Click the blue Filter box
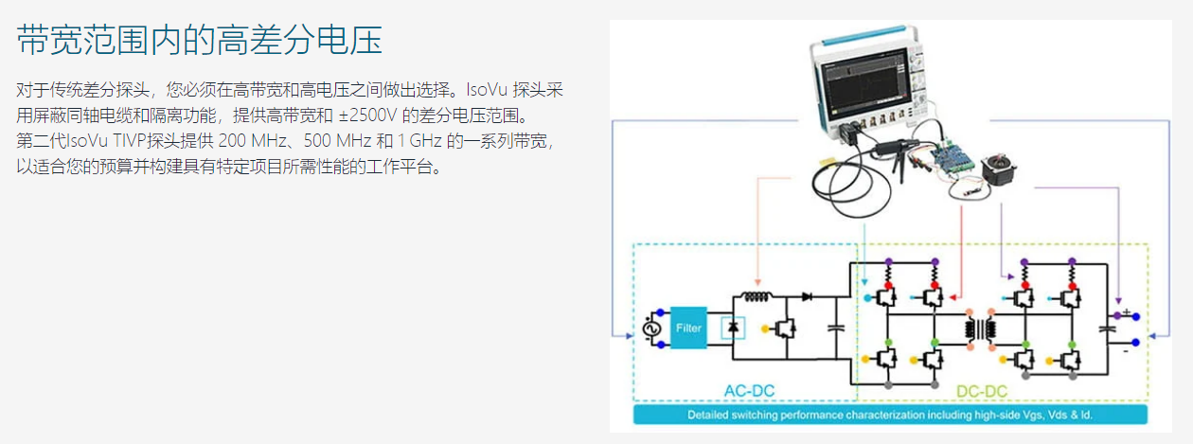tap(689, 328)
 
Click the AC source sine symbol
tap(650, 328)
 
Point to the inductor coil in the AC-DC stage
tap(756, 295)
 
